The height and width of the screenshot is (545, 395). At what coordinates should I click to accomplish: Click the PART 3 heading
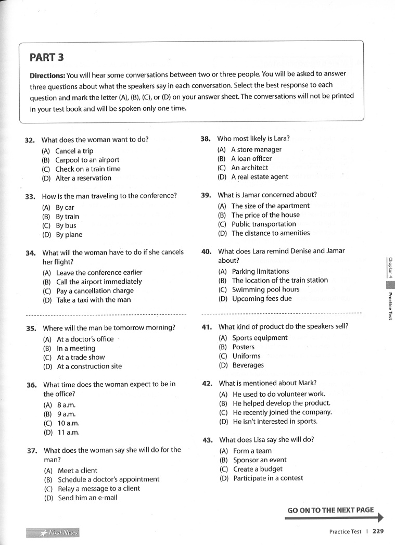pyautogui.click(x=47, y=57)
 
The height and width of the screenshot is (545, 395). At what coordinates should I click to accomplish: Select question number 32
pyautogui.click(x=30, y=140)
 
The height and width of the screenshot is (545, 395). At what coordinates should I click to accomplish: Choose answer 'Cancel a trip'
pyautogui.click(x=74, y=151)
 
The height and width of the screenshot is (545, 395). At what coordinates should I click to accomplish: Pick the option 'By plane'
pyautogui.click(x=69, y=235)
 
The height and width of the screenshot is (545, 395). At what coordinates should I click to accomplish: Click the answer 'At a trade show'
pyautogui.click(x=81, y=357)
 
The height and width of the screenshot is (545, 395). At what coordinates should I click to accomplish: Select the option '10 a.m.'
pyautogui.click(x=68, y=423)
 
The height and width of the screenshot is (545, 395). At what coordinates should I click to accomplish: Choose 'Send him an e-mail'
pyautogui.click(x=87, y=498)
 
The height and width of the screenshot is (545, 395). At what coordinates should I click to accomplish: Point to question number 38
pyautogui.click(x=206, y=139)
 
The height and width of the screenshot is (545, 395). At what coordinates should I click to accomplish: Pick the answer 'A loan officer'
pyautogui.click(x=251, y=159)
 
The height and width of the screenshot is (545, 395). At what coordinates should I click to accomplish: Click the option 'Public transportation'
pyautogui.click(x=264, y=224)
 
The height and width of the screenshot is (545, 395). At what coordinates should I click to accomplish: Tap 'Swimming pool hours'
pyautogui.click(x=265, y=289)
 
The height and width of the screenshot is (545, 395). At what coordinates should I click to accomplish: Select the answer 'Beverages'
pyautogui.click(x=248, y=365)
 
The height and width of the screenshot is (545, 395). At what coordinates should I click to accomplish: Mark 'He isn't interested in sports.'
pyautogui.click(x=275, y=422)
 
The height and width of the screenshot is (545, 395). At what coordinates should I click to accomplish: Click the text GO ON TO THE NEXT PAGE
pyautogui.click(x=330, y=510)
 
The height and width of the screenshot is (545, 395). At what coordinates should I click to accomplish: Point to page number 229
pyautogui.click(x=378, y=531)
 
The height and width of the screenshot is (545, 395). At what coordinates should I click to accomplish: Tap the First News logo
pyautogui.click(x=53, y=533)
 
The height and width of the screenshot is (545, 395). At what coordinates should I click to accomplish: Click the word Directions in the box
pyautogui.click(x=47, y=75)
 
